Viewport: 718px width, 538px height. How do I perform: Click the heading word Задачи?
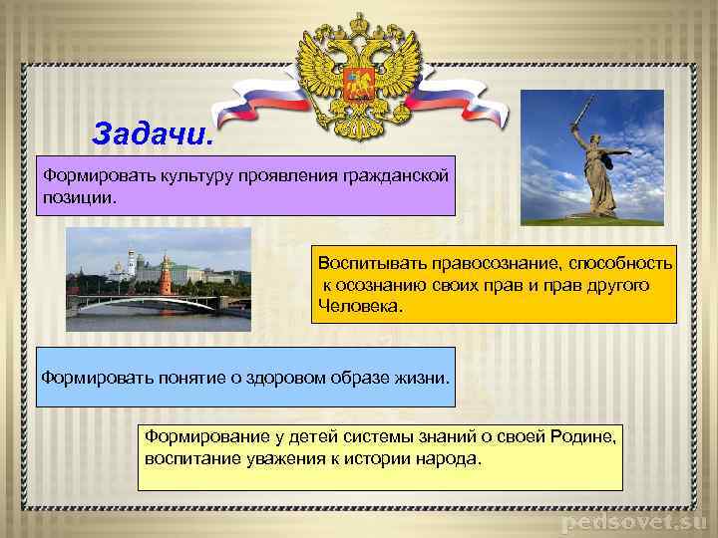(x=152, y=133)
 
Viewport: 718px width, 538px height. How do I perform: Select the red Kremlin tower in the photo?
(x=166, y=275)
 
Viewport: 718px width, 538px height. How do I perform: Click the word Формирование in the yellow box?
(x=192, y=436)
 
